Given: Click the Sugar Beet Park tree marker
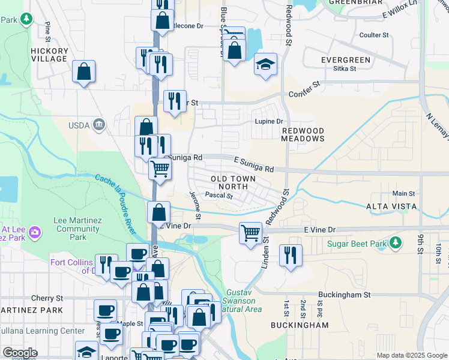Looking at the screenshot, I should [x=395, y=243].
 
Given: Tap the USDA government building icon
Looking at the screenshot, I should [x=99, y=125].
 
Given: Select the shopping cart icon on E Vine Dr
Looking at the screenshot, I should [x=250, y=232].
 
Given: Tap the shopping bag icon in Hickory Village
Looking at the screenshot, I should [x=84, y=71].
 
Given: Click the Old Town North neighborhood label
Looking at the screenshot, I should [x=233, y=183].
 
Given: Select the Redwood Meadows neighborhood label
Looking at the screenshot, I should [x=303, y=134].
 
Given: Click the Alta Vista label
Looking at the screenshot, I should [x=391, y=206].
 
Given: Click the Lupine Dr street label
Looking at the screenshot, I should [x=268, y=121].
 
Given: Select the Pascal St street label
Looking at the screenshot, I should [x=218, y=195].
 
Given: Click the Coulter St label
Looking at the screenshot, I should [x=374, y=35].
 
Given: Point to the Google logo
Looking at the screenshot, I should [x=20, y=353].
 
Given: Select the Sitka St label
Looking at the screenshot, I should [x=345, y=68].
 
